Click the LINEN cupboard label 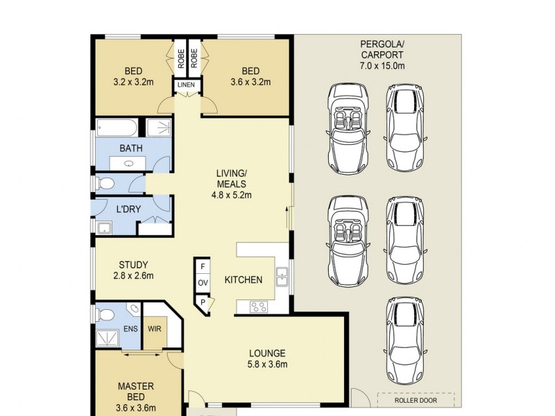(x=186, y=85)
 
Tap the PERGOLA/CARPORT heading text (x=382, y=49)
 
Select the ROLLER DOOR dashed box (x=416, y=400)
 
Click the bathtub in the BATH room (x=117, y=128)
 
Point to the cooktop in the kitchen (x=259, y=306)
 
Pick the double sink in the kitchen (x=282, y=277)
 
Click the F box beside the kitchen (x=203, y=266)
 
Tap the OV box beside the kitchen (x=203, y=283)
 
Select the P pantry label (x=203, y=302)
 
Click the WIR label (x=155, y=329)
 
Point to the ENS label (x=130, y=329)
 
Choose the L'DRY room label (x=128, y=209)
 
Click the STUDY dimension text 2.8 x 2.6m (x=133, y=275)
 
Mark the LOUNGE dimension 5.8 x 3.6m (x=268, y=364)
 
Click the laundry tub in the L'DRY (x=104, y=228)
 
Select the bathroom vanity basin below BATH (x=128, y=164)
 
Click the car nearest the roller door (x=405, y=345)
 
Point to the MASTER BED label (x=136, y=392)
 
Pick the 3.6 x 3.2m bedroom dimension (x=250, y=83)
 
